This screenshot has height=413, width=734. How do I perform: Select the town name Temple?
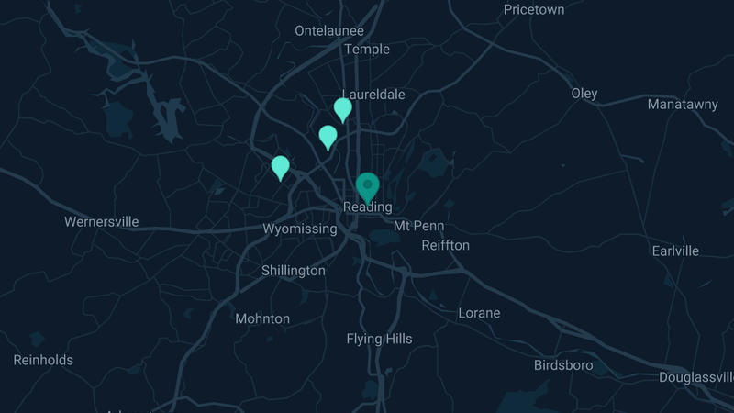[x=367, y=50]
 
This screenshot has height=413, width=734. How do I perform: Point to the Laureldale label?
[x=373, y=95]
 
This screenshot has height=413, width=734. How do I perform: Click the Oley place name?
[x=584, y=94]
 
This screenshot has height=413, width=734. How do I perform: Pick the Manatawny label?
[x=683, y=105]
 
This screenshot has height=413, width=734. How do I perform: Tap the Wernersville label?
[x=102, y=221]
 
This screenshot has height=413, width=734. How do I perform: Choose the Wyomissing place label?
[x=300, y=229]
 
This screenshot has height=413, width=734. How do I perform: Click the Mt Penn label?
[x=418, y=226]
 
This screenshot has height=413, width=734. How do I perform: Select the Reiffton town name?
[x=446, y=245]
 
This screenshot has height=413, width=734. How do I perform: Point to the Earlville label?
[x=675, y=251]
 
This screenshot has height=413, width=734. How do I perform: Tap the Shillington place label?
[x=294, y=271]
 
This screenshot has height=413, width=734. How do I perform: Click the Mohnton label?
[x=262, y=319]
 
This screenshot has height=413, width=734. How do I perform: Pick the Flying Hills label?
[x=379, y=339]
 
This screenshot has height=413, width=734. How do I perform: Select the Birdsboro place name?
[x=563, y=365]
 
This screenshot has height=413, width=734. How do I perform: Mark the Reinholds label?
[x=43, y=360]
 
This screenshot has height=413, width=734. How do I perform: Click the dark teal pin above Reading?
[x=368, y=186]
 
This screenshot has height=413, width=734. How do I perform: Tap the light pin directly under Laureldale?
[x=342, y=109]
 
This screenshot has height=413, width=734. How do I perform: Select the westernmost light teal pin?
[x=281, y=167]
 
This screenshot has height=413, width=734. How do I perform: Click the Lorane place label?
[x=479, y=313]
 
